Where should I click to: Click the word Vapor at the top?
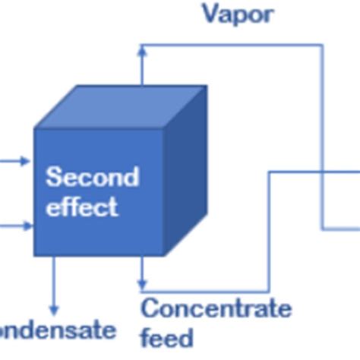point(237,14)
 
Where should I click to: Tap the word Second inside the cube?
point(92,177)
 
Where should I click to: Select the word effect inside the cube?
point(82,207)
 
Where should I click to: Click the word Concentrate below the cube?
point(216,309)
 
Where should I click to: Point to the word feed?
point(167,336)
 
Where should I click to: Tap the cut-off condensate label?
point(58,330)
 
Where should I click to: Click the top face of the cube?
point(122,107)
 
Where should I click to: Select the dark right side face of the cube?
point(185,171)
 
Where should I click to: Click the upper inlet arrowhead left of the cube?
point(27,161)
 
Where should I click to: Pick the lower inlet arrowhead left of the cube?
point(27,226)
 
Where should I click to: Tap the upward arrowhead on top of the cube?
point(142,50)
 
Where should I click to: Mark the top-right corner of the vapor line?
point(323,46)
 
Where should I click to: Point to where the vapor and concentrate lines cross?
point(323,172)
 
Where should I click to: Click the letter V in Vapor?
point(210,14)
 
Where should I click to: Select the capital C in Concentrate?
point(150,309)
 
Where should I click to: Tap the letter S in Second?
point(53,177)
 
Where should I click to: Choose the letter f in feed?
point(146,336)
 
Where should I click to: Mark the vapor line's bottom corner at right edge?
point(323,227)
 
